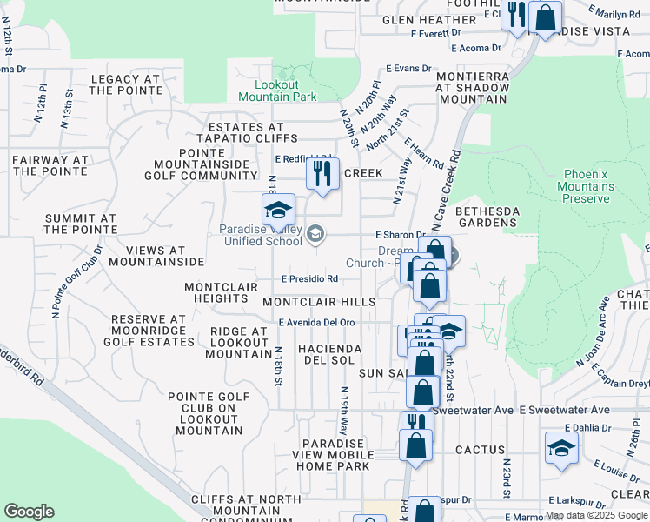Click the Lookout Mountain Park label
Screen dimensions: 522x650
point(287,90)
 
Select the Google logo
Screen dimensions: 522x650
point(29,512)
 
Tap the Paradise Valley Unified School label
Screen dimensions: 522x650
point(261,235)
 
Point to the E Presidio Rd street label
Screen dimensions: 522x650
point(309,279)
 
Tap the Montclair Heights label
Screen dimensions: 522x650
point(216,292)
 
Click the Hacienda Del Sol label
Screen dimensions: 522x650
point(329,354)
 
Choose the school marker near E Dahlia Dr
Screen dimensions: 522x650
point(560,449)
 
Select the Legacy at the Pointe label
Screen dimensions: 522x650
point(126,84)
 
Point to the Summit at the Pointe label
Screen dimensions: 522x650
point(80,224)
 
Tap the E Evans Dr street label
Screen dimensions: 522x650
point(408,68)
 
